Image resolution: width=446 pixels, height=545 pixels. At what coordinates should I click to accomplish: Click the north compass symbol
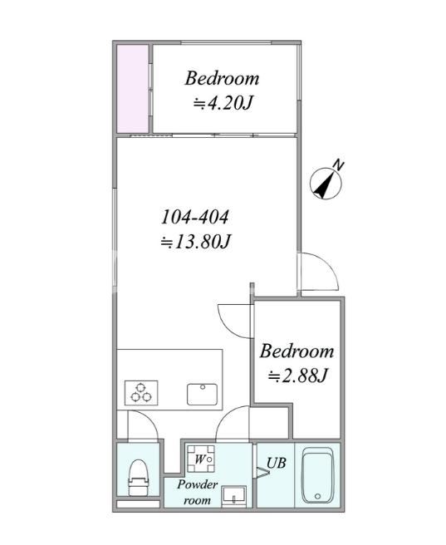[x=326, y=184]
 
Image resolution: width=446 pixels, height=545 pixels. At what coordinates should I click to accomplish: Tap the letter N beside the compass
[x=338, y=165]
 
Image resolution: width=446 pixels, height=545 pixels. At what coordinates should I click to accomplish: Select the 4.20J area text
[x=223, y=103]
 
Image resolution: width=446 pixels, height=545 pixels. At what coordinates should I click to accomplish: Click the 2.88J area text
[x=297, y=376]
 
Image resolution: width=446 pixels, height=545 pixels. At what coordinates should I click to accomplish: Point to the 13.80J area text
[x=195, y=242]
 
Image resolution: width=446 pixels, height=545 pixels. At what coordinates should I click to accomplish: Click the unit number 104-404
[x=195, y=217]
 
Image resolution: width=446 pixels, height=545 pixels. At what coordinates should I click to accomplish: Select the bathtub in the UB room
[x=317, y=475]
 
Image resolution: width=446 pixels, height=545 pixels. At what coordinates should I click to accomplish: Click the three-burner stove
[x=141, y=392]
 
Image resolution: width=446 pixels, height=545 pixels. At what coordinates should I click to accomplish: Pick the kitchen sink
[x=202, y=394]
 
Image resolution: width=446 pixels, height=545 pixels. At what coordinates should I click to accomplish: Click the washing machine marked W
[x=201, y=459]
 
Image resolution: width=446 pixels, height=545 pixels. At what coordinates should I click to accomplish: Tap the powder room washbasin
[x=234, y=495]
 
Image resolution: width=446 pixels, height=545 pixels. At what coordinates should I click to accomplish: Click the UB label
[x=276, y=463]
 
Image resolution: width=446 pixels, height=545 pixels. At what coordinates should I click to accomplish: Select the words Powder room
[x=197, y=492]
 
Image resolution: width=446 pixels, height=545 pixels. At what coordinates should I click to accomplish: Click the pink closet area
[x=133, y=89]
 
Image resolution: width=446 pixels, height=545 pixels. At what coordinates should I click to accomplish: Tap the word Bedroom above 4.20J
[x=222, y=78]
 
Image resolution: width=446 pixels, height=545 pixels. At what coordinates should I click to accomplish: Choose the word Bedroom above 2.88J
[x=297, y=351]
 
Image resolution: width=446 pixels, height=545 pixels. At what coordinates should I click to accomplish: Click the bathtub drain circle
[x=317, y=496]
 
